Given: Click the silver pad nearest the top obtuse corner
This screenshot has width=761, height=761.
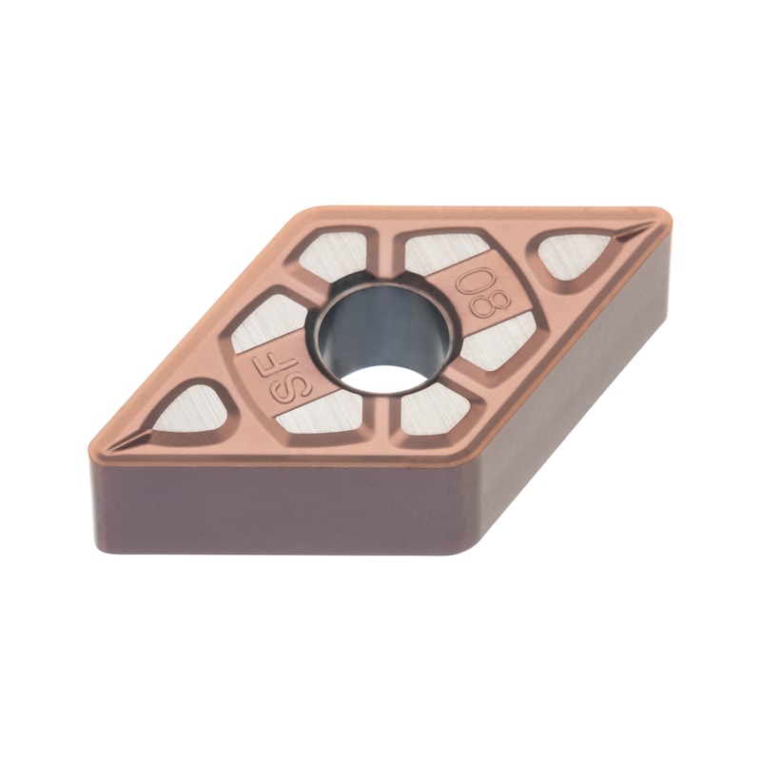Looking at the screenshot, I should tap(332, 255).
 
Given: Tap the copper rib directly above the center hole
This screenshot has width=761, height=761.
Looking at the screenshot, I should tap(390, 255).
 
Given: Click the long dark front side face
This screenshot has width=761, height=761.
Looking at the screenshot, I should tap(285, 514).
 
